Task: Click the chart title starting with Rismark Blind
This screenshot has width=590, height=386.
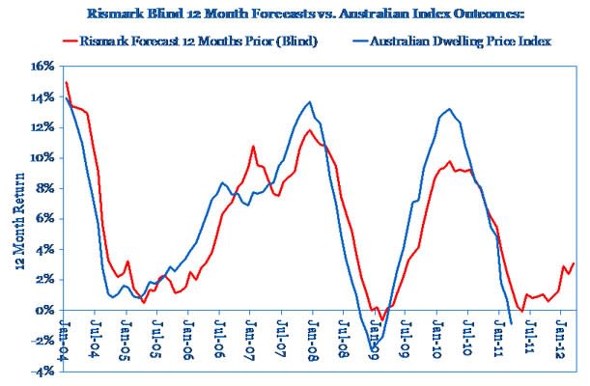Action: click(295, 13)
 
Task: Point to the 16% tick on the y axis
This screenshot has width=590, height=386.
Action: click(42, 68)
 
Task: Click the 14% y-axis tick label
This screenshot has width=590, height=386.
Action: click(42, 98)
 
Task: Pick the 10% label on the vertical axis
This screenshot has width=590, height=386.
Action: click(42, 158)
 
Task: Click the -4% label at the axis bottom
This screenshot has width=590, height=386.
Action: click(42, 372)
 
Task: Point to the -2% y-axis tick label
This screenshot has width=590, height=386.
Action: click(42, 341)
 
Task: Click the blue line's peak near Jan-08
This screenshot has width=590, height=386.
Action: click(309, 102)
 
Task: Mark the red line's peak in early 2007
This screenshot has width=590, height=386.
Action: click(253, 147)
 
